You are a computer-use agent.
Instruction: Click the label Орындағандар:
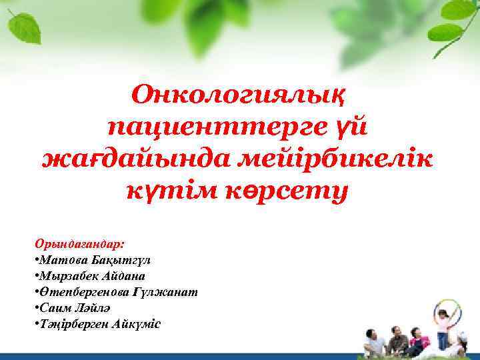click(x=79, y=244)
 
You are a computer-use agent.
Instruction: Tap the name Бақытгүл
click(x=118, y=260)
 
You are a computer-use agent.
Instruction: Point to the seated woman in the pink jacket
click(x=418, y=341)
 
